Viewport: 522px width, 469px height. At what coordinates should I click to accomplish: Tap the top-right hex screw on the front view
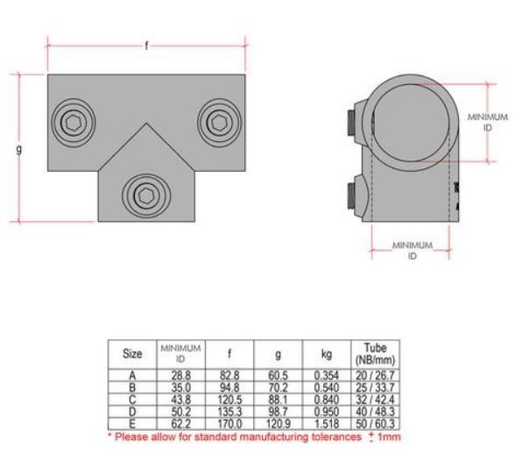point(217,118)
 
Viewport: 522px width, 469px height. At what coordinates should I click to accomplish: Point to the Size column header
point(132,354)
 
